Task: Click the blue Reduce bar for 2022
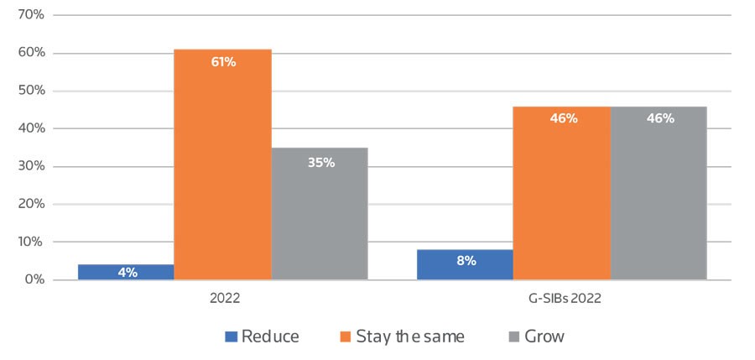pos(125,272)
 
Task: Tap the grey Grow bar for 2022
pos(320,213)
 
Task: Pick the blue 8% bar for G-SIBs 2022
pos(465,264)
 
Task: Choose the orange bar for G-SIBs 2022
pos(561,192)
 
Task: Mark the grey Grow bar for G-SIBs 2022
pos(659,192)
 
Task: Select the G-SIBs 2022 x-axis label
pos(561,297)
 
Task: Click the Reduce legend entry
pos(262,337)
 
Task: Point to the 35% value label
pos(320,162)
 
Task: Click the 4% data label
pos(128,272)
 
